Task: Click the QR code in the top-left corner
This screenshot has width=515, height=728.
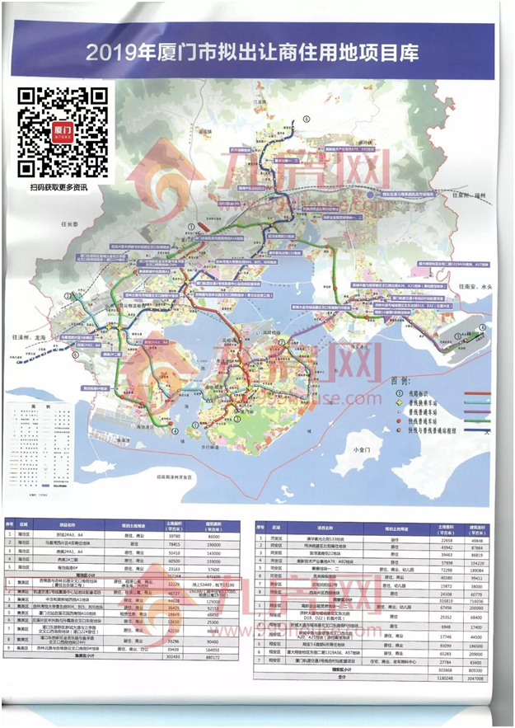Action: (x=63, y=132)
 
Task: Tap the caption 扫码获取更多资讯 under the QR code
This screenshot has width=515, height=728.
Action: (x=63, y=187)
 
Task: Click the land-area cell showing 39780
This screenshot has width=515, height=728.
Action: (x=172, y=537)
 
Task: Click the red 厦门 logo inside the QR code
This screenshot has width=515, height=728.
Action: (x=63, y=131)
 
